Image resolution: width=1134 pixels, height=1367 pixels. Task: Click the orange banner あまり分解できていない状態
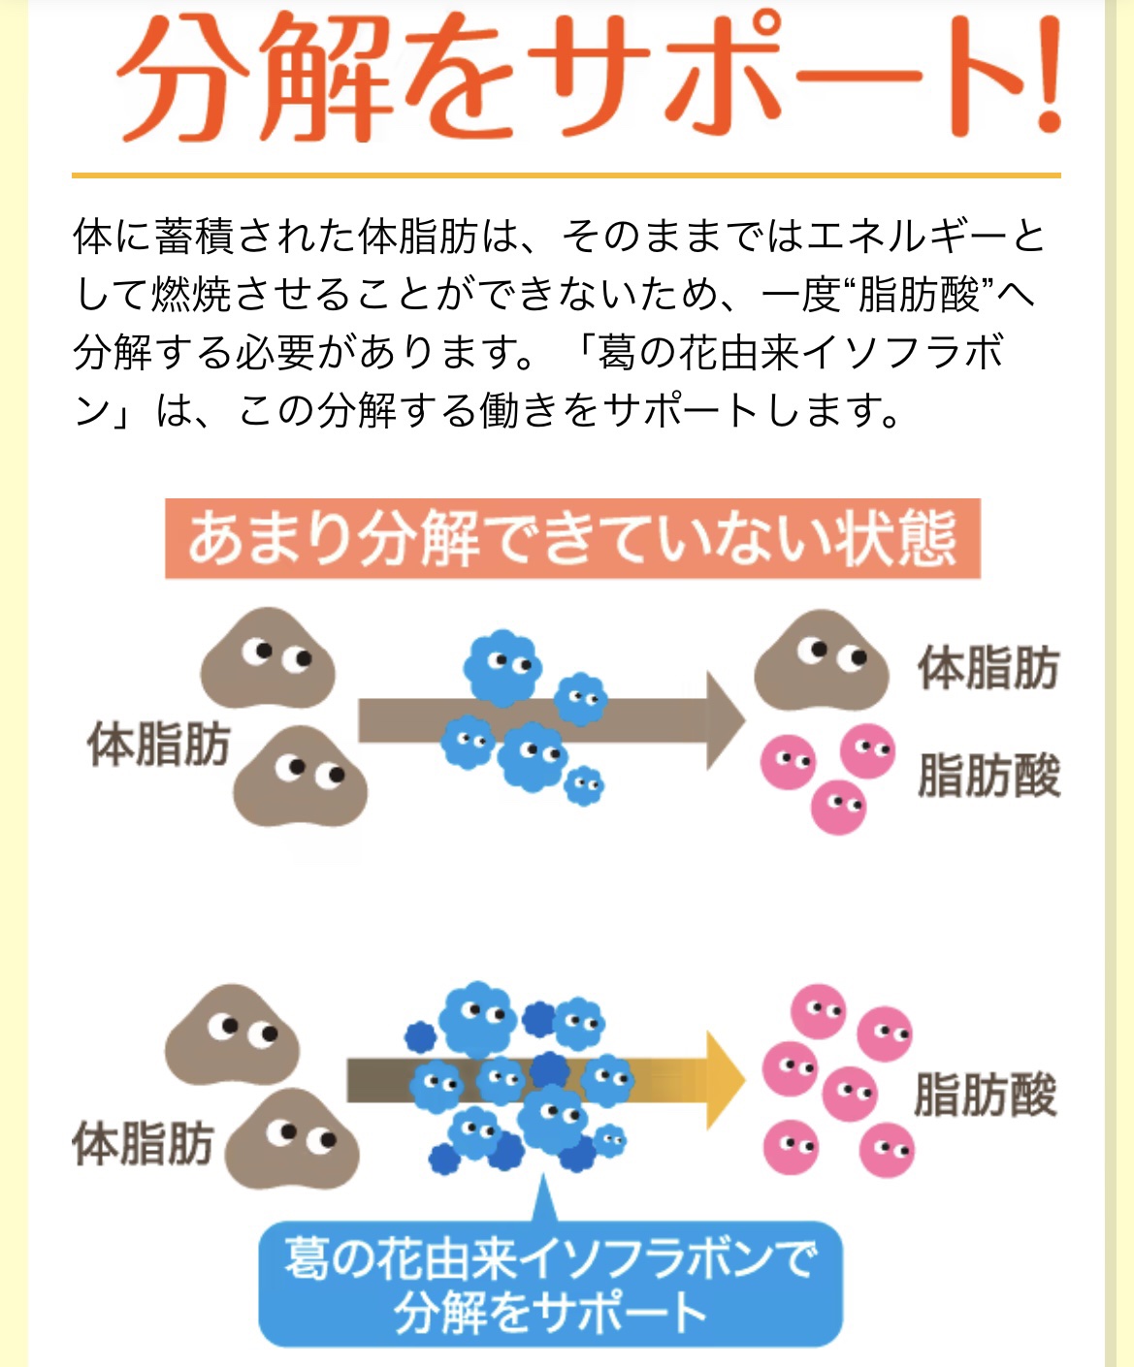(x=572, y=538)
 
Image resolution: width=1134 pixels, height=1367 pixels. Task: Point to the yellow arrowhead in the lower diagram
(x=723, y=1080)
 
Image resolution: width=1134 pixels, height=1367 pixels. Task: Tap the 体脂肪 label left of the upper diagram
(x=158, y=745)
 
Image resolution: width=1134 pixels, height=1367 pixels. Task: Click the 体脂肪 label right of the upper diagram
(x=988, y=669)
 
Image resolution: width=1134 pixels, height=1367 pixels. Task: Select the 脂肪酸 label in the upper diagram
(x=988, y=776)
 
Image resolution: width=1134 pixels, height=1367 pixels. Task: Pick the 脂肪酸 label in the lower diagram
(x=984, y=1096)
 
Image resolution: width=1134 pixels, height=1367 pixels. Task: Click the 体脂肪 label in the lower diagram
(x=143, y=1144)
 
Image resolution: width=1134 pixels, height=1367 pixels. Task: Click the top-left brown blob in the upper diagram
(x=268, y=659)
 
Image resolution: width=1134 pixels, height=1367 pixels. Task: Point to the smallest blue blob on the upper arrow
(x=584, y=785)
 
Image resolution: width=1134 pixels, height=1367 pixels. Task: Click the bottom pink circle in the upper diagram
(x=838, y=807)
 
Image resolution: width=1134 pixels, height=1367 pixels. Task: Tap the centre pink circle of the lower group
(x=850, y=1094)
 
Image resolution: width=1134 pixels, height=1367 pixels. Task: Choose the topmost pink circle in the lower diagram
(x=819, y=1012)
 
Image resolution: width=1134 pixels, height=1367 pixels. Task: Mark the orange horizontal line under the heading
(x=566, y=175)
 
